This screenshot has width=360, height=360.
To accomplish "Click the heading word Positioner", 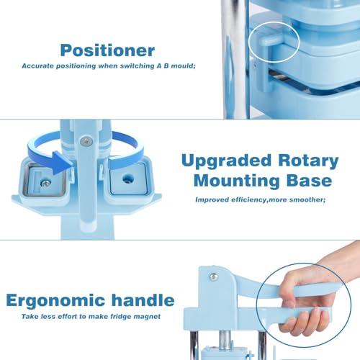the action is (107, 50).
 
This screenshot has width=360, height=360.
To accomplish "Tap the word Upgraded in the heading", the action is (226, 161).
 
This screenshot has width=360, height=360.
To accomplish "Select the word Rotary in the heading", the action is (308, 161).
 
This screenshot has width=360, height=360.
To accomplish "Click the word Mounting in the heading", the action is (236, 181).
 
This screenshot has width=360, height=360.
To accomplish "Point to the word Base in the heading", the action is (310, 180).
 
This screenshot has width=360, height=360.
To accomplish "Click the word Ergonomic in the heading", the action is (55, 301).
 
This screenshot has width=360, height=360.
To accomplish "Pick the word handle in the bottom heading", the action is (143, 300).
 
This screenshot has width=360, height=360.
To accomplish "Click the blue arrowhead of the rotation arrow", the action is (63, 162).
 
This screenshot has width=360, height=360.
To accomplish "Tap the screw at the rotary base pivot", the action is (86, 141).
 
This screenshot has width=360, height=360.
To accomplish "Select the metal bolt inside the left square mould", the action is (45, 184).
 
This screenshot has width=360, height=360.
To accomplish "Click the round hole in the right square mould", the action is (127, 179).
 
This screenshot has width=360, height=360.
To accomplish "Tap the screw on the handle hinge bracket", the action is (214, 276).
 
